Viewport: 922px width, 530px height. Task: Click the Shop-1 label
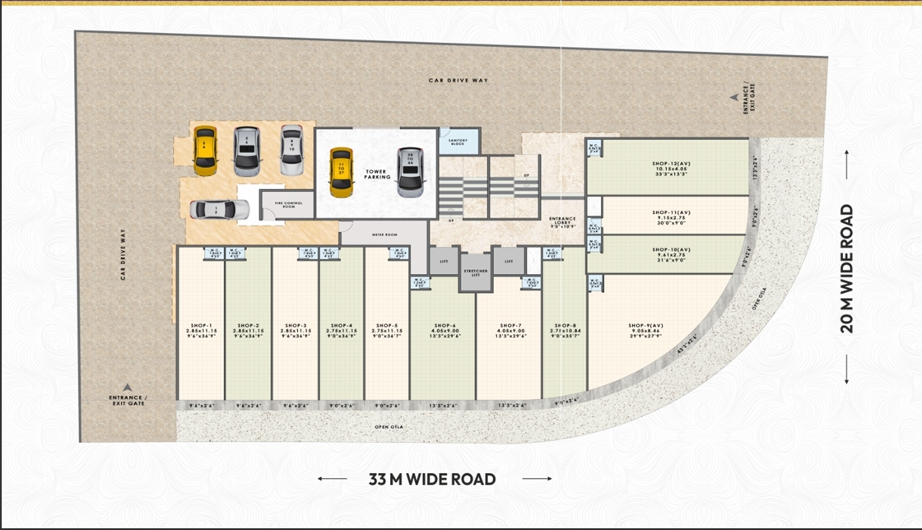(x=201, y=325)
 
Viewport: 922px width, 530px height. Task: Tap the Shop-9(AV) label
(x=645, y=325)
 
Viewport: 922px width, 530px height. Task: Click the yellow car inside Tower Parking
(x=341, y=172)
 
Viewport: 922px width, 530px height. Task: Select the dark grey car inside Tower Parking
(x=409, y=172)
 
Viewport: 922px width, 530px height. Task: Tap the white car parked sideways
(x=219, y=210)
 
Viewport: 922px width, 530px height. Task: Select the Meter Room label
(x=384, y=235)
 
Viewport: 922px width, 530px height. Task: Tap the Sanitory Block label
(x=457, y=142)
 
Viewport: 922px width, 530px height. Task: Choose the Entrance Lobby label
(x=562, y=221)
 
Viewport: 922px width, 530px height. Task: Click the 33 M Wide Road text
(x=432, y=479)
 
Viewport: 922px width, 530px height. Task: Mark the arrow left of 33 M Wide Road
(x=333, y=479)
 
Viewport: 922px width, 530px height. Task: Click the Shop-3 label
(x=296, y=325)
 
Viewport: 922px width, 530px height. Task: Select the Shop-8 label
(x=564, y=325)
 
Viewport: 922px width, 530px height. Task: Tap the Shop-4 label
(x=342, y=325)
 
